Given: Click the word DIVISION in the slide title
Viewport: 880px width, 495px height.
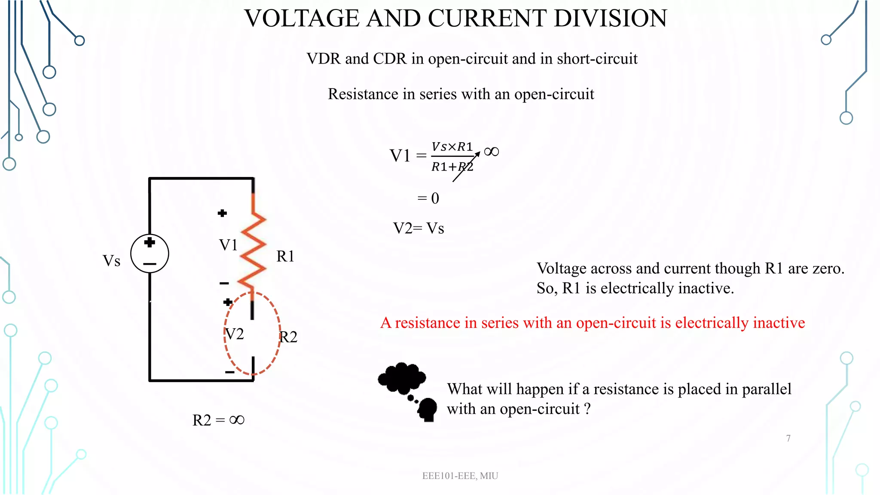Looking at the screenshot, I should click(610, 18).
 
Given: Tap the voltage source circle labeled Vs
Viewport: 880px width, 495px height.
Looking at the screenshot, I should click(150, 254).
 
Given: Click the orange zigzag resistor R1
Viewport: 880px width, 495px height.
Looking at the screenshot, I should click(253, 249).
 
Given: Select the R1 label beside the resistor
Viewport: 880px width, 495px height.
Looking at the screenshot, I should click(285, 257).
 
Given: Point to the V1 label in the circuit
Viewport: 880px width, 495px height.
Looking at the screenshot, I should click(228, 245).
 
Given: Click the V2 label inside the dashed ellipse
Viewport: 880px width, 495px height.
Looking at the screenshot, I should click(235, 334).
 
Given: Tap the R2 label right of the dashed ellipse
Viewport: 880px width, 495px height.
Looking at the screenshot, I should click(288, 337).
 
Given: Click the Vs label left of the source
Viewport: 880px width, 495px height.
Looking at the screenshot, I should click(111, 261).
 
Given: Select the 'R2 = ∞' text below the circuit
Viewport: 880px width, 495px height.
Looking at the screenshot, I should click(218, 420).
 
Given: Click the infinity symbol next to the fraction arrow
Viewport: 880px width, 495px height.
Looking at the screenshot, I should click(491, 152).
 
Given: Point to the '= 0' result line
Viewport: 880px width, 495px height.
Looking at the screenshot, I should click(428, 198).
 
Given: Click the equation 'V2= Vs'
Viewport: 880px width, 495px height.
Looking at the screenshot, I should click(419, 228).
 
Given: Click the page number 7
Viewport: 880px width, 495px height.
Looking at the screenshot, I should click(788, 438).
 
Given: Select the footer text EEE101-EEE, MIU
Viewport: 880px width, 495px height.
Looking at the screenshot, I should click(460, 476).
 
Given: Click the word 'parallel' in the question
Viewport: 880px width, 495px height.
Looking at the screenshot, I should click(767, 389).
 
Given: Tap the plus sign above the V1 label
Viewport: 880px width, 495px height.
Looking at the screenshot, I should click(222, 213).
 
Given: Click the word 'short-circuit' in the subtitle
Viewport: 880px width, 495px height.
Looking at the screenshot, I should click(597, 59).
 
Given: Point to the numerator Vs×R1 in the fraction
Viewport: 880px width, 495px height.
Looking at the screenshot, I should click(452, 147).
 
